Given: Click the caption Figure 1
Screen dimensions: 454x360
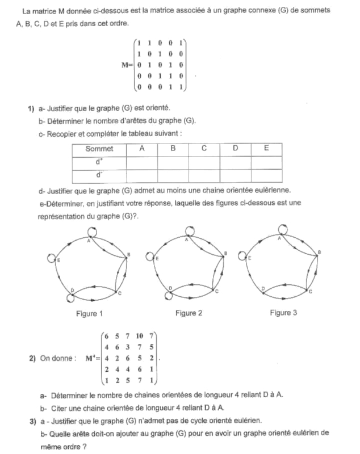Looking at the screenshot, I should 89,314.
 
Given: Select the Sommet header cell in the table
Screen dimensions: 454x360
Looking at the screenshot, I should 99,149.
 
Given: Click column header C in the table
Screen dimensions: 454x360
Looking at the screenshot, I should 204,149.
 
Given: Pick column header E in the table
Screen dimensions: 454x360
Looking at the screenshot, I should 266,149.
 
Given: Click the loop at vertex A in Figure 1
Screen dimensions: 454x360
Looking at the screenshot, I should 93,232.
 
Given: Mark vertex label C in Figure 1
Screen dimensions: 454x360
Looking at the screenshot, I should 120,293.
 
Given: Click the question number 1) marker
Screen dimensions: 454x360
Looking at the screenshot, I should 25,108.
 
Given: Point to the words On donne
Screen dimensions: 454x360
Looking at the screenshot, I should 55,359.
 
